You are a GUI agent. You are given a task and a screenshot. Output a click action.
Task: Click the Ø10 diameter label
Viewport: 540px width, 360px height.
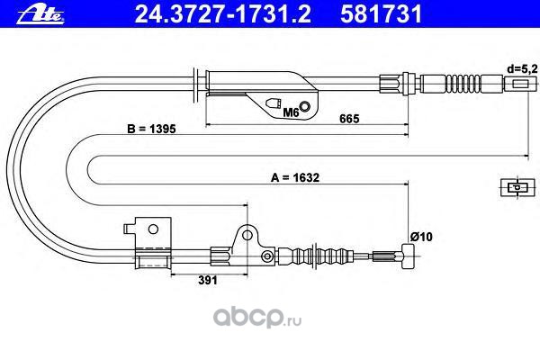point(421,237)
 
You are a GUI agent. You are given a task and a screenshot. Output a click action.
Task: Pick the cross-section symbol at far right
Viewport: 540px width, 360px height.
point(514,188)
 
